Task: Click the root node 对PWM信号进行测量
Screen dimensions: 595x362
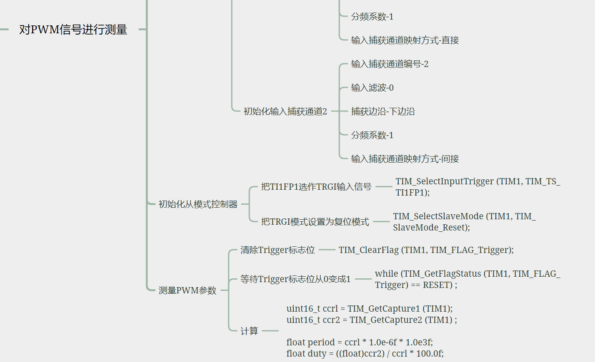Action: pos(73,30)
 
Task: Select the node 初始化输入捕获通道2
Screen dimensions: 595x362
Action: pos(285,112)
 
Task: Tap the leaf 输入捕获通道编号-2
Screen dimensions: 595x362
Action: pos(390,64)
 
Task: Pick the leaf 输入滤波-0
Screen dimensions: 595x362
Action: pos(372,88)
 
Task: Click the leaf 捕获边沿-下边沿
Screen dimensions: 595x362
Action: pos(383,112)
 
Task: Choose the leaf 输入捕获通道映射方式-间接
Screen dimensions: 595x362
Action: pos(405,159)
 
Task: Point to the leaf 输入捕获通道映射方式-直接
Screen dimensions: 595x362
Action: pos(405,40)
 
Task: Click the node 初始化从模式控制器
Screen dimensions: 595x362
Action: pos(198,204)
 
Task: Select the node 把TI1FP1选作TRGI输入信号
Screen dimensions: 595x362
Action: pos(316,187)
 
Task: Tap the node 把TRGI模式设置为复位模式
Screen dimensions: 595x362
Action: pos(315,222)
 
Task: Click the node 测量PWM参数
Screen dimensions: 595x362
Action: pos(187,290)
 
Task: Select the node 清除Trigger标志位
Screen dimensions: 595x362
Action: pos(277,250)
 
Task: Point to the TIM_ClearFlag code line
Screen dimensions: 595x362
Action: pos(426,250)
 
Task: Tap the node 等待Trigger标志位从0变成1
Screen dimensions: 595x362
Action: pos(295,279)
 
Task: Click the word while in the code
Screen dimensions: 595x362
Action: pos(386,274)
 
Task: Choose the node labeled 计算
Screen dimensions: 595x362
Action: pos(249,331)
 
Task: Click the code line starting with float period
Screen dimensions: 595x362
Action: pos(360,342)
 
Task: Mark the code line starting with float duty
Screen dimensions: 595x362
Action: pos(365,354)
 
